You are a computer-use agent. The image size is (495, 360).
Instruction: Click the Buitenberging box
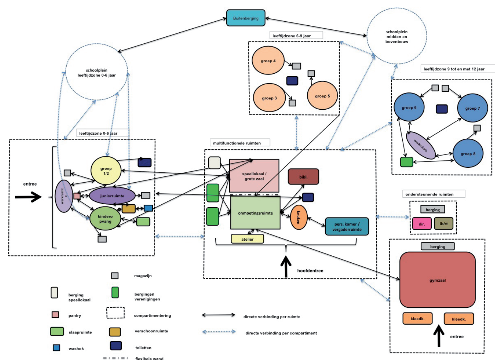click(245, 18)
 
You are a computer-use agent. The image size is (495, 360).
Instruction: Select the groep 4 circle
click(268, 61)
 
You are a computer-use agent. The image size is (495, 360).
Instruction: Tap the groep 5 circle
click(322, 96)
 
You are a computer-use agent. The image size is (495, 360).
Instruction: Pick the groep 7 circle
click(472, 108)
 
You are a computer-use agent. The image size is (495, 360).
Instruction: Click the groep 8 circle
click(468, 153)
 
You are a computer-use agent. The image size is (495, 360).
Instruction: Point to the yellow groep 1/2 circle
click(106, 171)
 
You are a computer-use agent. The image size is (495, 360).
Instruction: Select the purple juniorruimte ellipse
click(112, 196)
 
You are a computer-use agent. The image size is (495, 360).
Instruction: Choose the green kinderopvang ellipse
click(105, 219)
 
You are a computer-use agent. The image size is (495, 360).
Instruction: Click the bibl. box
click(303, 177)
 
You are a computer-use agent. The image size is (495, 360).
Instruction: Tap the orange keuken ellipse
click(298, 217)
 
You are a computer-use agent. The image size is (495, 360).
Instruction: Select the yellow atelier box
click(247, 239)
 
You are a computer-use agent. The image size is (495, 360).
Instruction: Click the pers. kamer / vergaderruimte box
click(347, 226)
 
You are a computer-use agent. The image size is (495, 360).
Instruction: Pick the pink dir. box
click(422, 224)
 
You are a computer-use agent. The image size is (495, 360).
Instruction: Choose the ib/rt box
click(443, 224)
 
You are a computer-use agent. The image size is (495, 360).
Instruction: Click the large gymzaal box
click(438, 280)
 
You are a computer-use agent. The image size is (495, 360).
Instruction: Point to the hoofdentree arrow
click(286, 267)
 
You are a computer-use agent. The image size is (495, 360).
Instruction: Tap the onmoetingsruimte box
click(255, 213)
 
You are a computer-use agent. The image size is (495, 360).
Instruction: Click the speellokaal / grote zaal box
click(254, 176)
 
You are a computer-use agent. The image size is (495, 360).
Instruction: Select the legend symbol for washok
click(56, 347)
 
